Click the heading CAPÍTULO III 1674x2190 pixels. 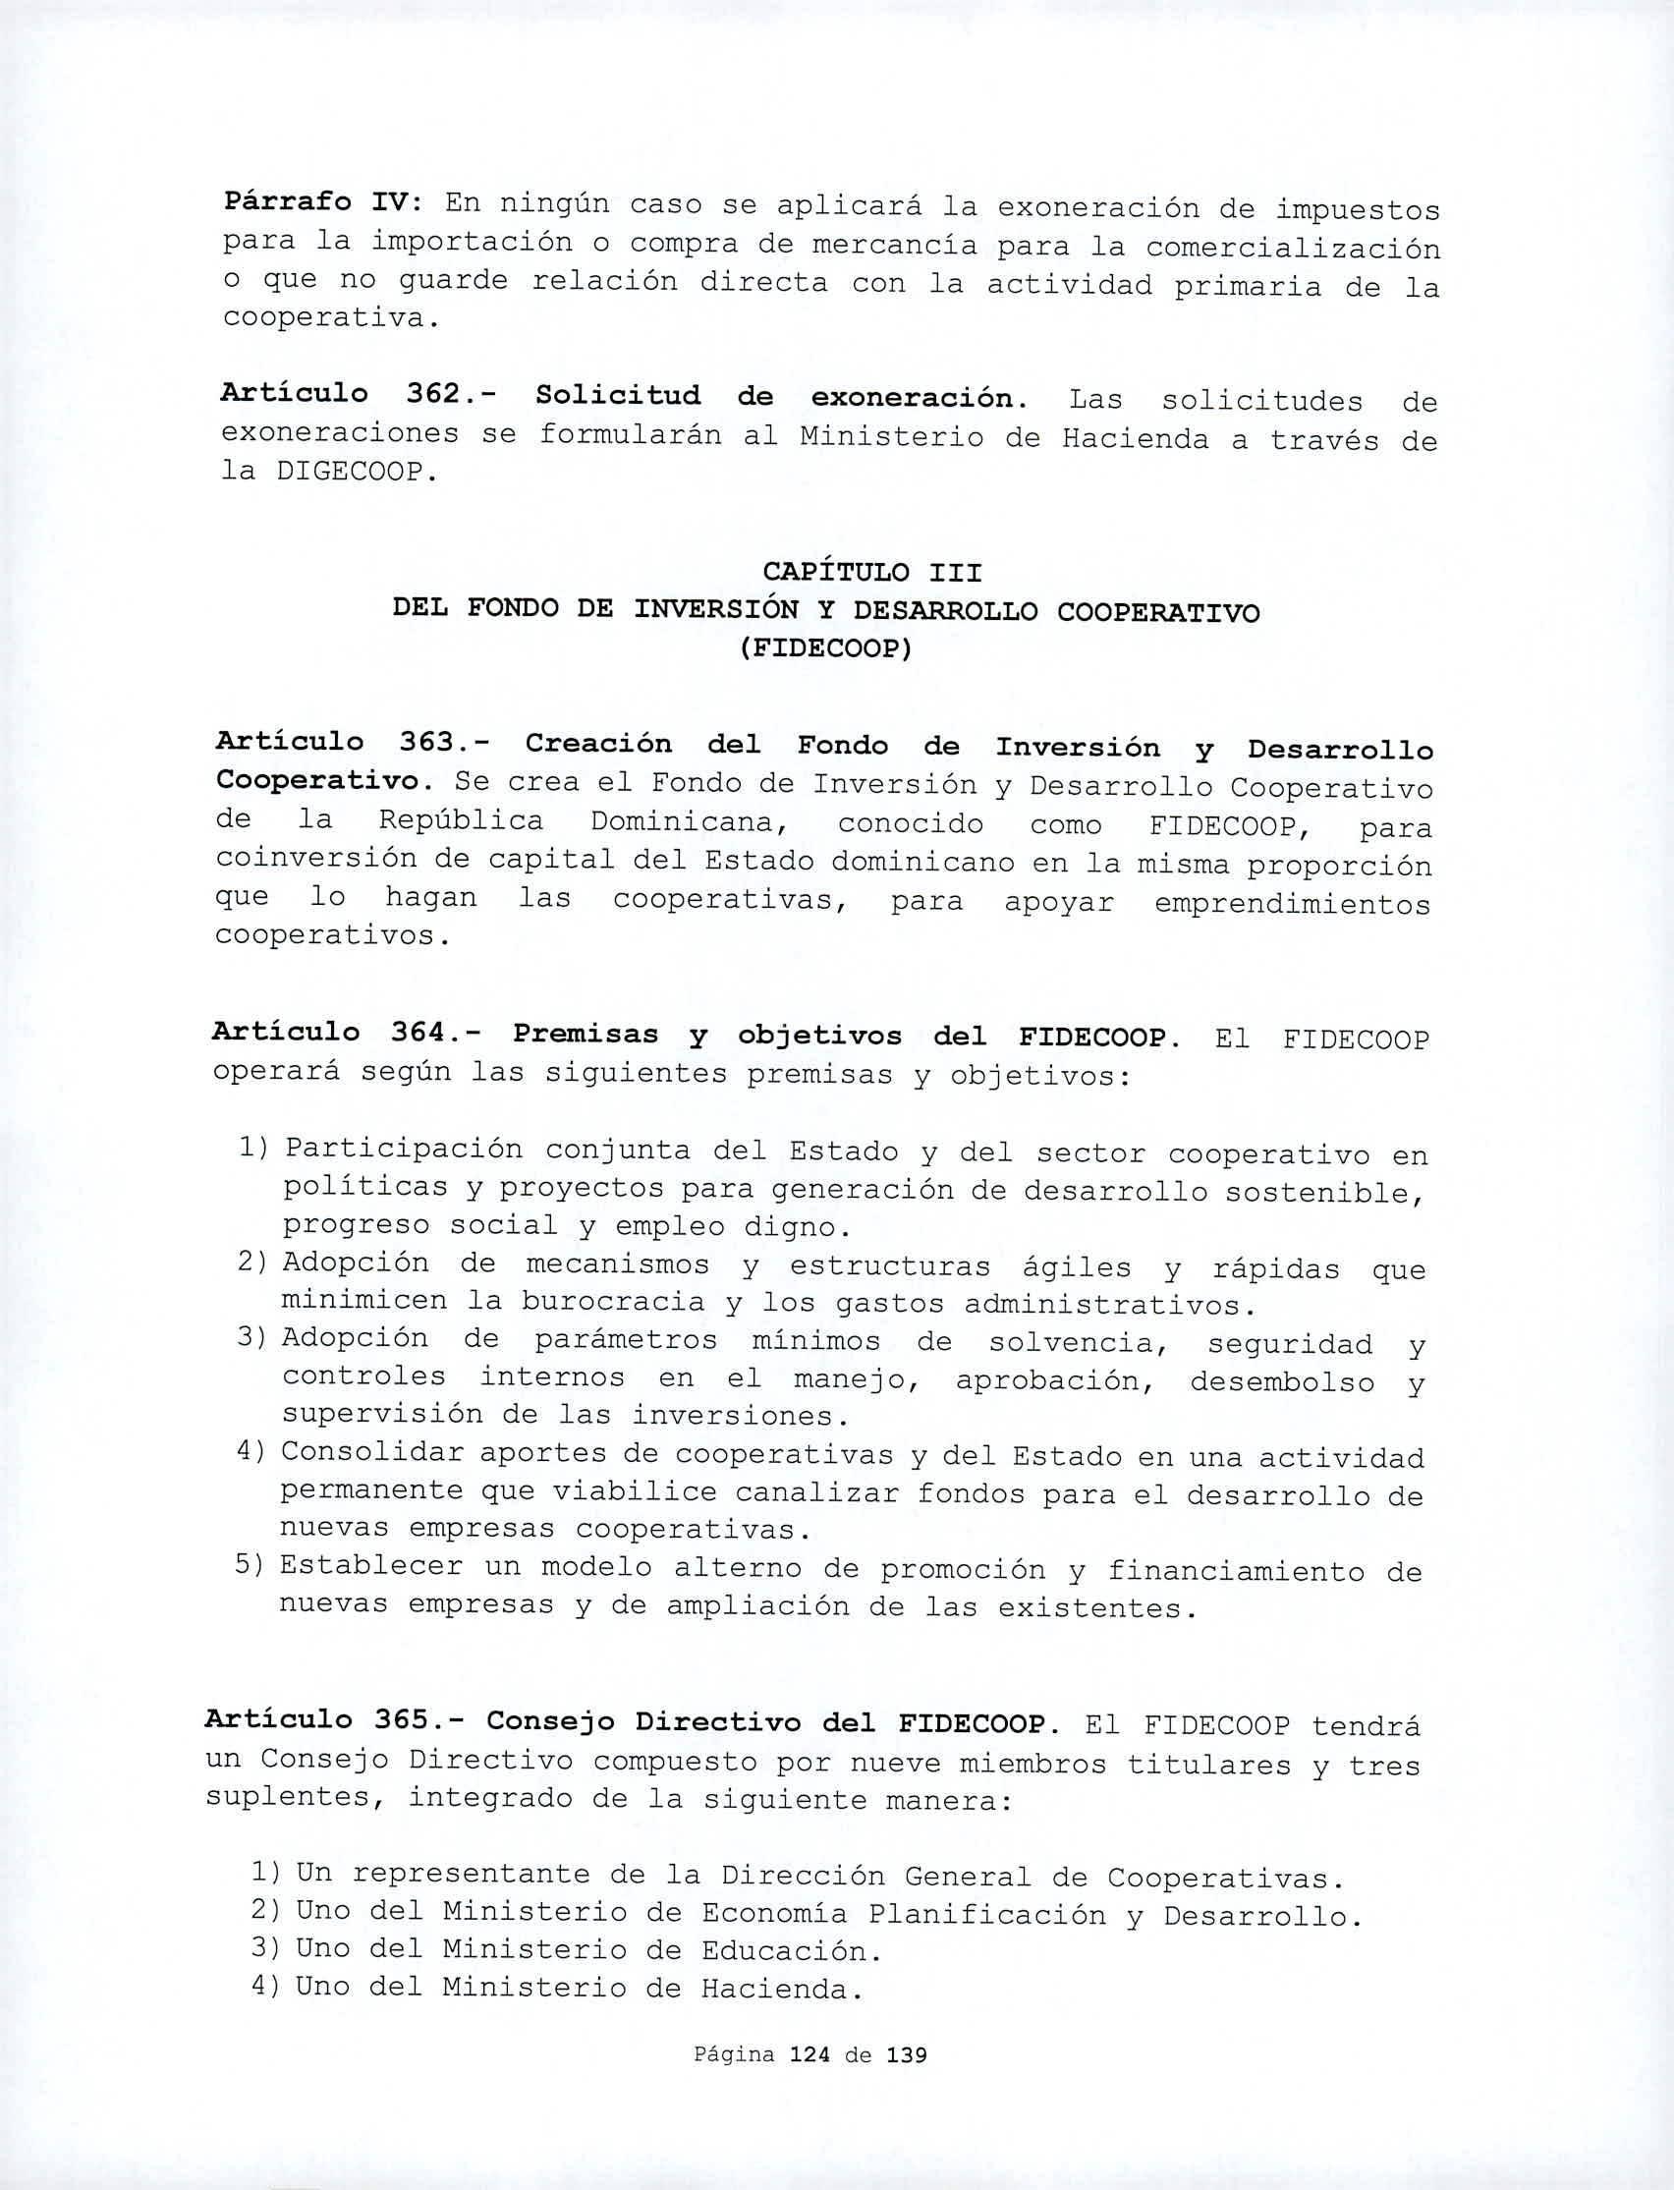click(x=872, y=573)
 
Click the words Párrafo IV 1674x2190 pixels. click(x=311, y=202)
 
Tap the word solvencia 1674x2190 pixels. click(x=1076, y=1342)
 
